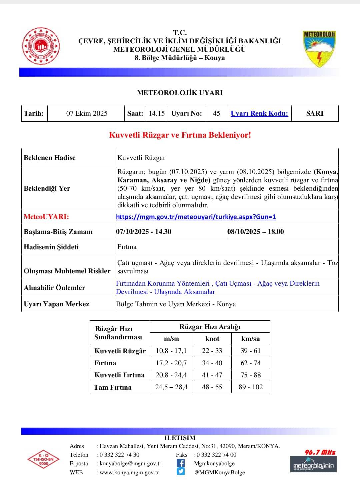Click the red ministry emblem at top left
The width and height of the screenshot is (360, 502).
pos(41,46)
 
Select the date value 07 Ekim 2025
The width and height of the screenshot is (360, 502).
pos(87,113)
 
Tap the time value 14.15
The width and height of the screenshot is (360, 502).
pos(157,113)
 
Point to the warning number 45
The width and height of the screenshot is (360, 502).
pos(216,113)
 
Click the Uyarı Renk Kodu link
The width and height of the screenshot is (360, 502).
pos(259,113)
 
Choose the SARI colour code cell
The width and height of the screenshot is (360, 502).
pos(315,113)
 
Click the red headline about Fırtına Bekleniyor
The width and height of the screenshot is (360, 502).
pos(180,135)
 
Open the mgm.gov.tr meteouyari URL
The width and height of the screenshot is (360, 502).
pos(196,217)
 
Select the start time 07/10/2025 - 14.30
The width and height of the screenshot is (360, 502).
pos(144,232)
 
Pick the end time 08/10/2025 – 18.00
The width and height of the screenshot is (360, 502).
pos(256,232)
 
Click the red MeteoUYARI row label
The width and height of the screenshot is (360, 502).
pos(46,217)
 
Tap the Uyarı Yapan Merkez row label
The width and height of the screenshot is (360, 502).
pos(56,304)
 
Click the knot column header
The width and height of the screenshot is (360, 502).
pos(212,339)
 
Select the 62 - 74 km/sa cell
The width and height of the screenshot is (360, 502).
pos(251,363)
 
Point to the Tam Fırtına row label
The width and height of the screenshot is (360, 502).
pos(113,387)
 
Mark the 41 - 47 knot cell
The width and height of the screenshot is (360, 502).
pos(212,375)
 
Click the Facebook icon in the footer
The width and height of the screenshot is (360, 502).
pos(180,463)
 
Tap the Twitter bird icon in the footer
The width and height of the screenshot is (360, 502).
pos(180,471)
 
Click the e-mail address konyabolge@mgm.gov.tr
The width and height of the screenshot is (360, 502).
pos(130,463)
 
